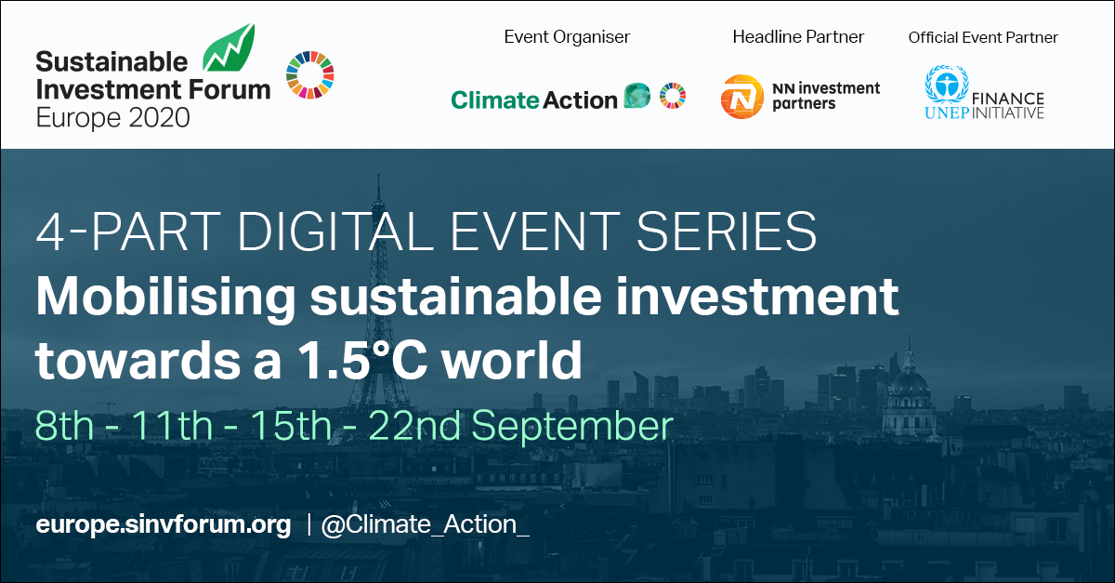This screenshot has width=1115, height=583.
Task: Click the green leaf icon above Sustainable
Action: point(230,49)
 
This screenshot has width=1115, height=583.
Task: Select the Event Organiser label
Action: point(567,37)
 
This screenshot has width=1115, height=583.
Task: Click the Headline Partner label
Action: point(798,37)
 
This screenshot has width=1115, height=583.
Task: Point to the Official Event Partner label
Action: point(983,37)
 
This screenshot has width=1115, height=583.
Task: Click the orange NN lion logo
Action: point(741,97)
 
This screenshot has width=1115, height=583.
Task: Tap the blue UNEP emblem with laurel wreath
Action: point(946,84)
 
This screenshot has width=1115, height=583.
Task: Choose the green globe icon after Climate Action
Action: point(637,95)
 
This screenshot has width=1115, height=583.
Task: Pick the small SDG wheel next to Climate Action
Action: point(673,95)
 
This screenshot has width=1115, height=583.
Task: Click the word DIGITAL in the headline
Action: point(335,232)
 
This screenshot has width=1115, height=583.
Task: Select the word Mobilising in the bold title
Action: point(165,297)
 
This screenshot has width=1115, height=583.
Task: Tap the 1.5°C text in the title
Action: point(363,360)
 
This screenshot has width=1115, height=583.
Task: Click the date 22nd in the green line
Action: point(414,426)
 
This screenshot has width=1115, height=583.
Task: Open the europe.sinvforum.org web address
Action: point(164,525)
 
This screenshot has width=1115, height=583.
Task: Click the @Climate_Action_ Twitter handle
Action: point(426,525)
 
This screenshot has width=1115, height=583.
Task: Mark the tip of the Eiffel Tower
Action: point(379,175)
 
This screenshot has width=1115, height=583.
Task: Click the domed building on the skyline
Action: point(909,393)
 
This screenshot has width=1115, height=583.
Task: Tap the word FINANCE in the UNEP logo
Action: point(1008,99)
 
